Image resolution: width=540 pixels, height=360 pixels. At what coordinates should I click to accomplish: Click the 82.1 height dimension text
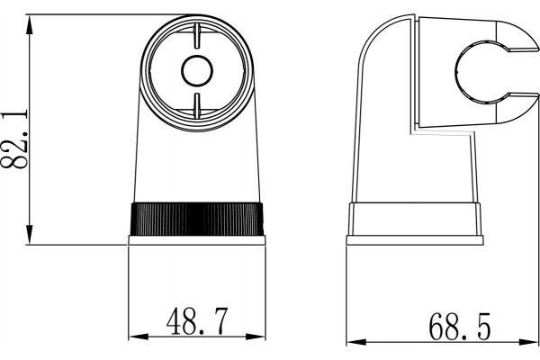(x=13, y=139)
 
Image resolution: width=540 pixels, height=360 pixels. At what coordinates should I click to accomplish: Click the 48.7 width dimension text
(x=197, y=321)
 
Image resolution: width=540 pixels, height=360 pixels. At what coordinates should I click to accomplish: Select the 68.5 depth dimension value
(x=459, y=326)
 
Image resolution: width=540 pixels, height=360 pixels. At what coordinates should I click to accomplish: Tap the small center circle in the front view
(x=197, y=70)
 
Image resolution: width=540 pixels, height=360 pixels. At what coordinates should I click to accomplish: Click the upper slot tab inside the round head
(x=197, y=36)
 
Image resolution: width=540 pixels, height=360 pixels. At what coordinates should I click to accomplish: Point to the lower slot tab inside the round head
(x=197, y=105)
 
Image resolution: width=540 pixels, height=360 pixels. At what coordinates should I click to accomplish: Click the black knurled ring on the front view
(x=196, y=219)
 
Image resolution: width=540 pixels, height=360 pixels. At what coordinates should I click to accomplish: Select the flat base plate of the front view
(x=197, y=240)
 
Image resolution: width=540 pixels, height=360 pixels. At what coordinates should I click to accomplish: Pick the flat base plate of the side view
(x=415, y=240)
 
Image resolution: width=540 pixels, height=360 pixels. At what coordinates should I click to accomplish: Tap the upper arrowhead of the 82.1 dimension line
(x=30, y=24)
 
